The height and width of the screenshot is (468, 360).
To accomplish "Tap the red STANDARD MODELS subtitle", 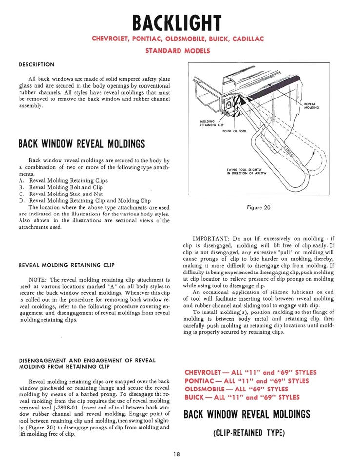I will point(178,51).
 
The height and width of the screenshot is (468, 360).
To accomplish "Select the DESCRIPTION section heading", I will point(36,64).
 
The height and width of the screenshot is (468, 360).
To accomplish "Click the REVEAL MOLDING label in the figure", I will point(311,106).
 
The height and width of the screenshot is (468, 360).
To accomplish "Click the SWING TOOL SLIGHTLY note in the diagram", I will point(247,171).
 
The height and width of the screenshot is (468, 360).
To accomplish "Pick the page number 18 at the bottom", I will point(176,454).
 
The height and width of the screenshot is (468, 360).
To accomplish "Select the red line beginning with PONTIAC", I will point(247,381).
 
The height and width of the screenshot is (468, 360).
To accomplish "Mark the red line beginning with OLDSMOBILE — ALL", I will point(237,389).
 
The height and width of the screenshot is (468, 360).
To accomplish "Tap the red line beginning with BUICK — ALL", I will point(242,397).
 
